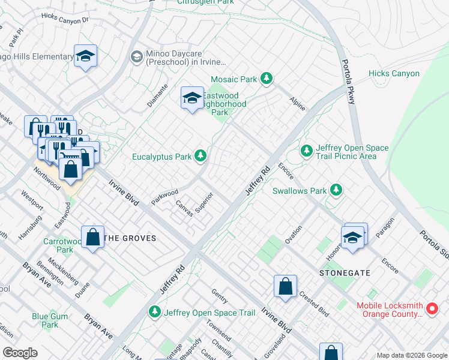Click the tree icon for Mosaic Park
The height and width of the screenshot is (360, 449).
point(267,79)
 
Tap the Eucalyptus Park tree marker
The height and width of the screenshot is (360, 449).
point(201,157)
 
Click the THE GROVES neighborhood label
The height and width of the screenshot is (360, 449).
point(130,238)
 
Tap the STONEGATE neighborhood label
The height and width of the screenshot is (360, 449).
point(342,273)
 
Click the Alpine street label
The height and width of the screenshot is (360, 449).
point(297,103)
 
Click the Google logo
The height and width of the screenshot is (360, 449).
point(20,353)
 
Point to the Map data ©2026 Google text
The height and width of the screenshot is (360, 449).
point(411,355)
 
